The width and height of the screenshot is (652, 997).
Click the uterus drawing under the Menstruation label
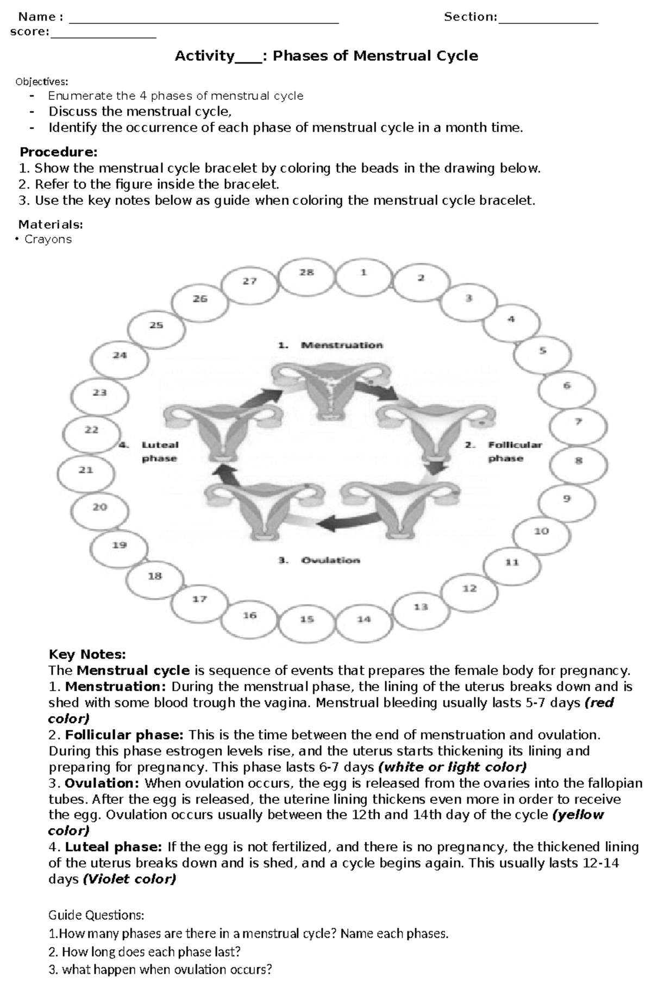[331, 391]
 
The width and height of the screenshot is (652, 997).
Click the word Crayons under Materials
[48, 239]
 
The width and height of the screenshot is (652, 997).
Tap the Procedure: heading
[59, 152]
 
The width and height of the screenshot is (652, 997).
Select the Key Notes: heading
[87, 654]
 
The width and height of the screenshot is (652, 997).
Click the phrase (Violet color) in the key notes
[129, 879]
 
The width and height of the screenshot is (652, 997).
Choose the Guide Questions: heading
[97, 915]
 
